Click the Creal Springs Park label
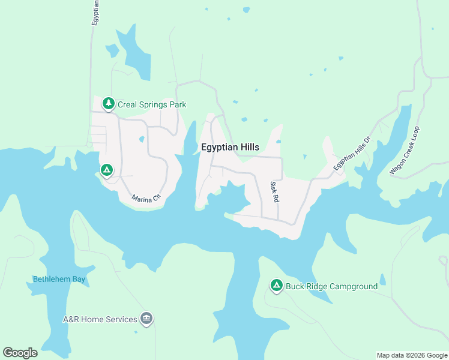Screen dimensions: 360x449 pyautogui.click(x=152, y=104)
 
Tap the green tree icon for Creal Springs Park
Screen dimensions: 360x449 pyautogui.click(x=108, y=104)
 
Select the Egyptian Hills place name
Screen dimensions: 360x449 pyautogui.click(x=230, y=146)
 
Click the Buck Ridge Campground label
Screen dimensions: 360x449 pyautogui.click(x=331, y=286)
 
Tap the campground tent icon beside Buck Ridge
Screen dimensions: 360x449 pyautogui.click(x=276, y=286)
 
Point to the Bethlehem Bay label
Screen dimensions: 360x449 pyautogui.click(x=59, y=279)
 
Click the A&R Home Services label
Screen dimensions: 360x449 pyautogui.click(x=100, y=319)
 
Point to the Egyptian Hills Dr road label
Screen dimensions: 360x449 pyautogui.click(x=353, y=152)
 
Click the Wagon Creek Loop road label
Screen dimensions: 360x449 pyautogui.click(x=406, y=151)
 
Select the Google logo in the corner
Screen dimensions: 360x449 pyautogui.click(x=20, y=353)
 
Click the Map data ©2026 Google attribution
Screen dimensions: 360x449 pyautogui.click(x=412, y=355)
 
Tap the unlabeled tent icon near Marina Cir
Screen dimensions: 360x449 pyautogui.click(x=106, y=171)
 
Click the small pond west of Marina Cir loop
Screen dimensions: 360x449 pyautogui.click(x=142, y=140)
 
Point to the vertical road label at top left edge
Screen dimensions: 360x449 pyautogui.click(x=95, y=12)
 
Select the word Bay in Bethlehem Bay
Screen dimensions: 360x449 pyautogui.click(x=79, y=279)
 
